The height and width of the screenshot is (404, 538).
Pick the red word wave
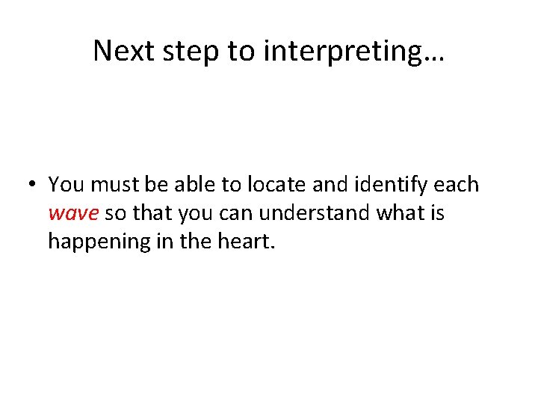73,214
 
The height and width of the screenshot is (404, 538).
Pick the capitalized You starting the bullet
67,184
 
